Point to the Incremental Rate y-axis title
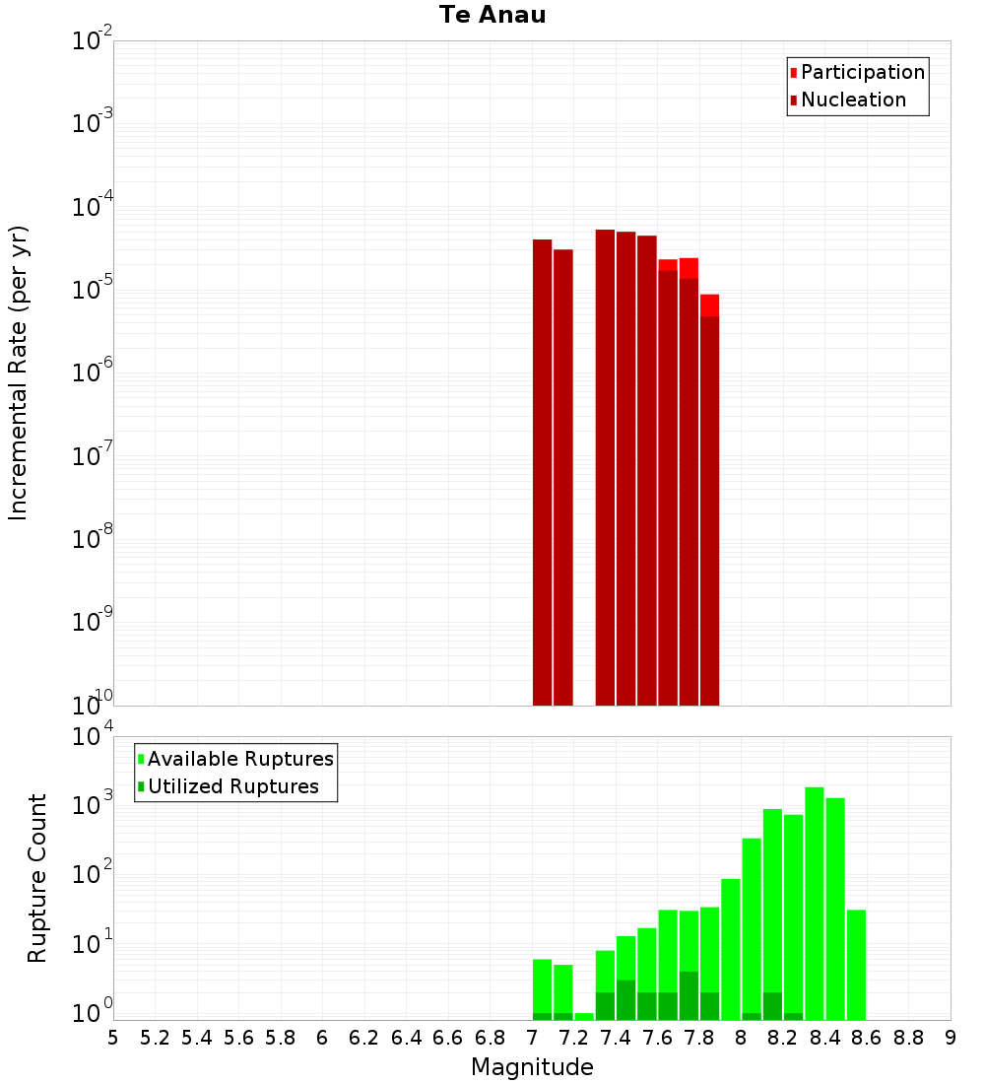pyautogui.click(x=19, y=373)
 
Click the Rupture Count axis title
pyautogui.click(x=37, y=878)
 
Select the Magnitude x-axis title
pyautogui.click(x=532, y=1067)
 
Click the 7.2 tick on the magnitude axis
pyautogui.click(x=573, y=1038)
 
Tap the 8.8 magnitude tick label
pyautogui.click(x=908, y=1038)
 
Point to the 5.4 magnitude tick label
pyautogui.click(x=197, y=1038)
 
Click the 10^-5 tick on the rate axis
pyautogui.click(x=93, y=290)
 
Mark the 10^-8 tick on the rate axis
pyautogui.click(x=93, y=539)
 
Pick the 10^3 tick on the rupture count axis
pyautogui.click(x=93, y=804)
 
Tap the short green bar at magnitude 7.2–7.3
pyautogui.click(x=584, y=1016)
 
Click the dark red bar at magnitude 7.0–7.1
pyautogui.click(x=542, y=473)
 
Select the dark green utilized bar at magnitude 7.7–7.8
pyautogui.click(x=689, y=995)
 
